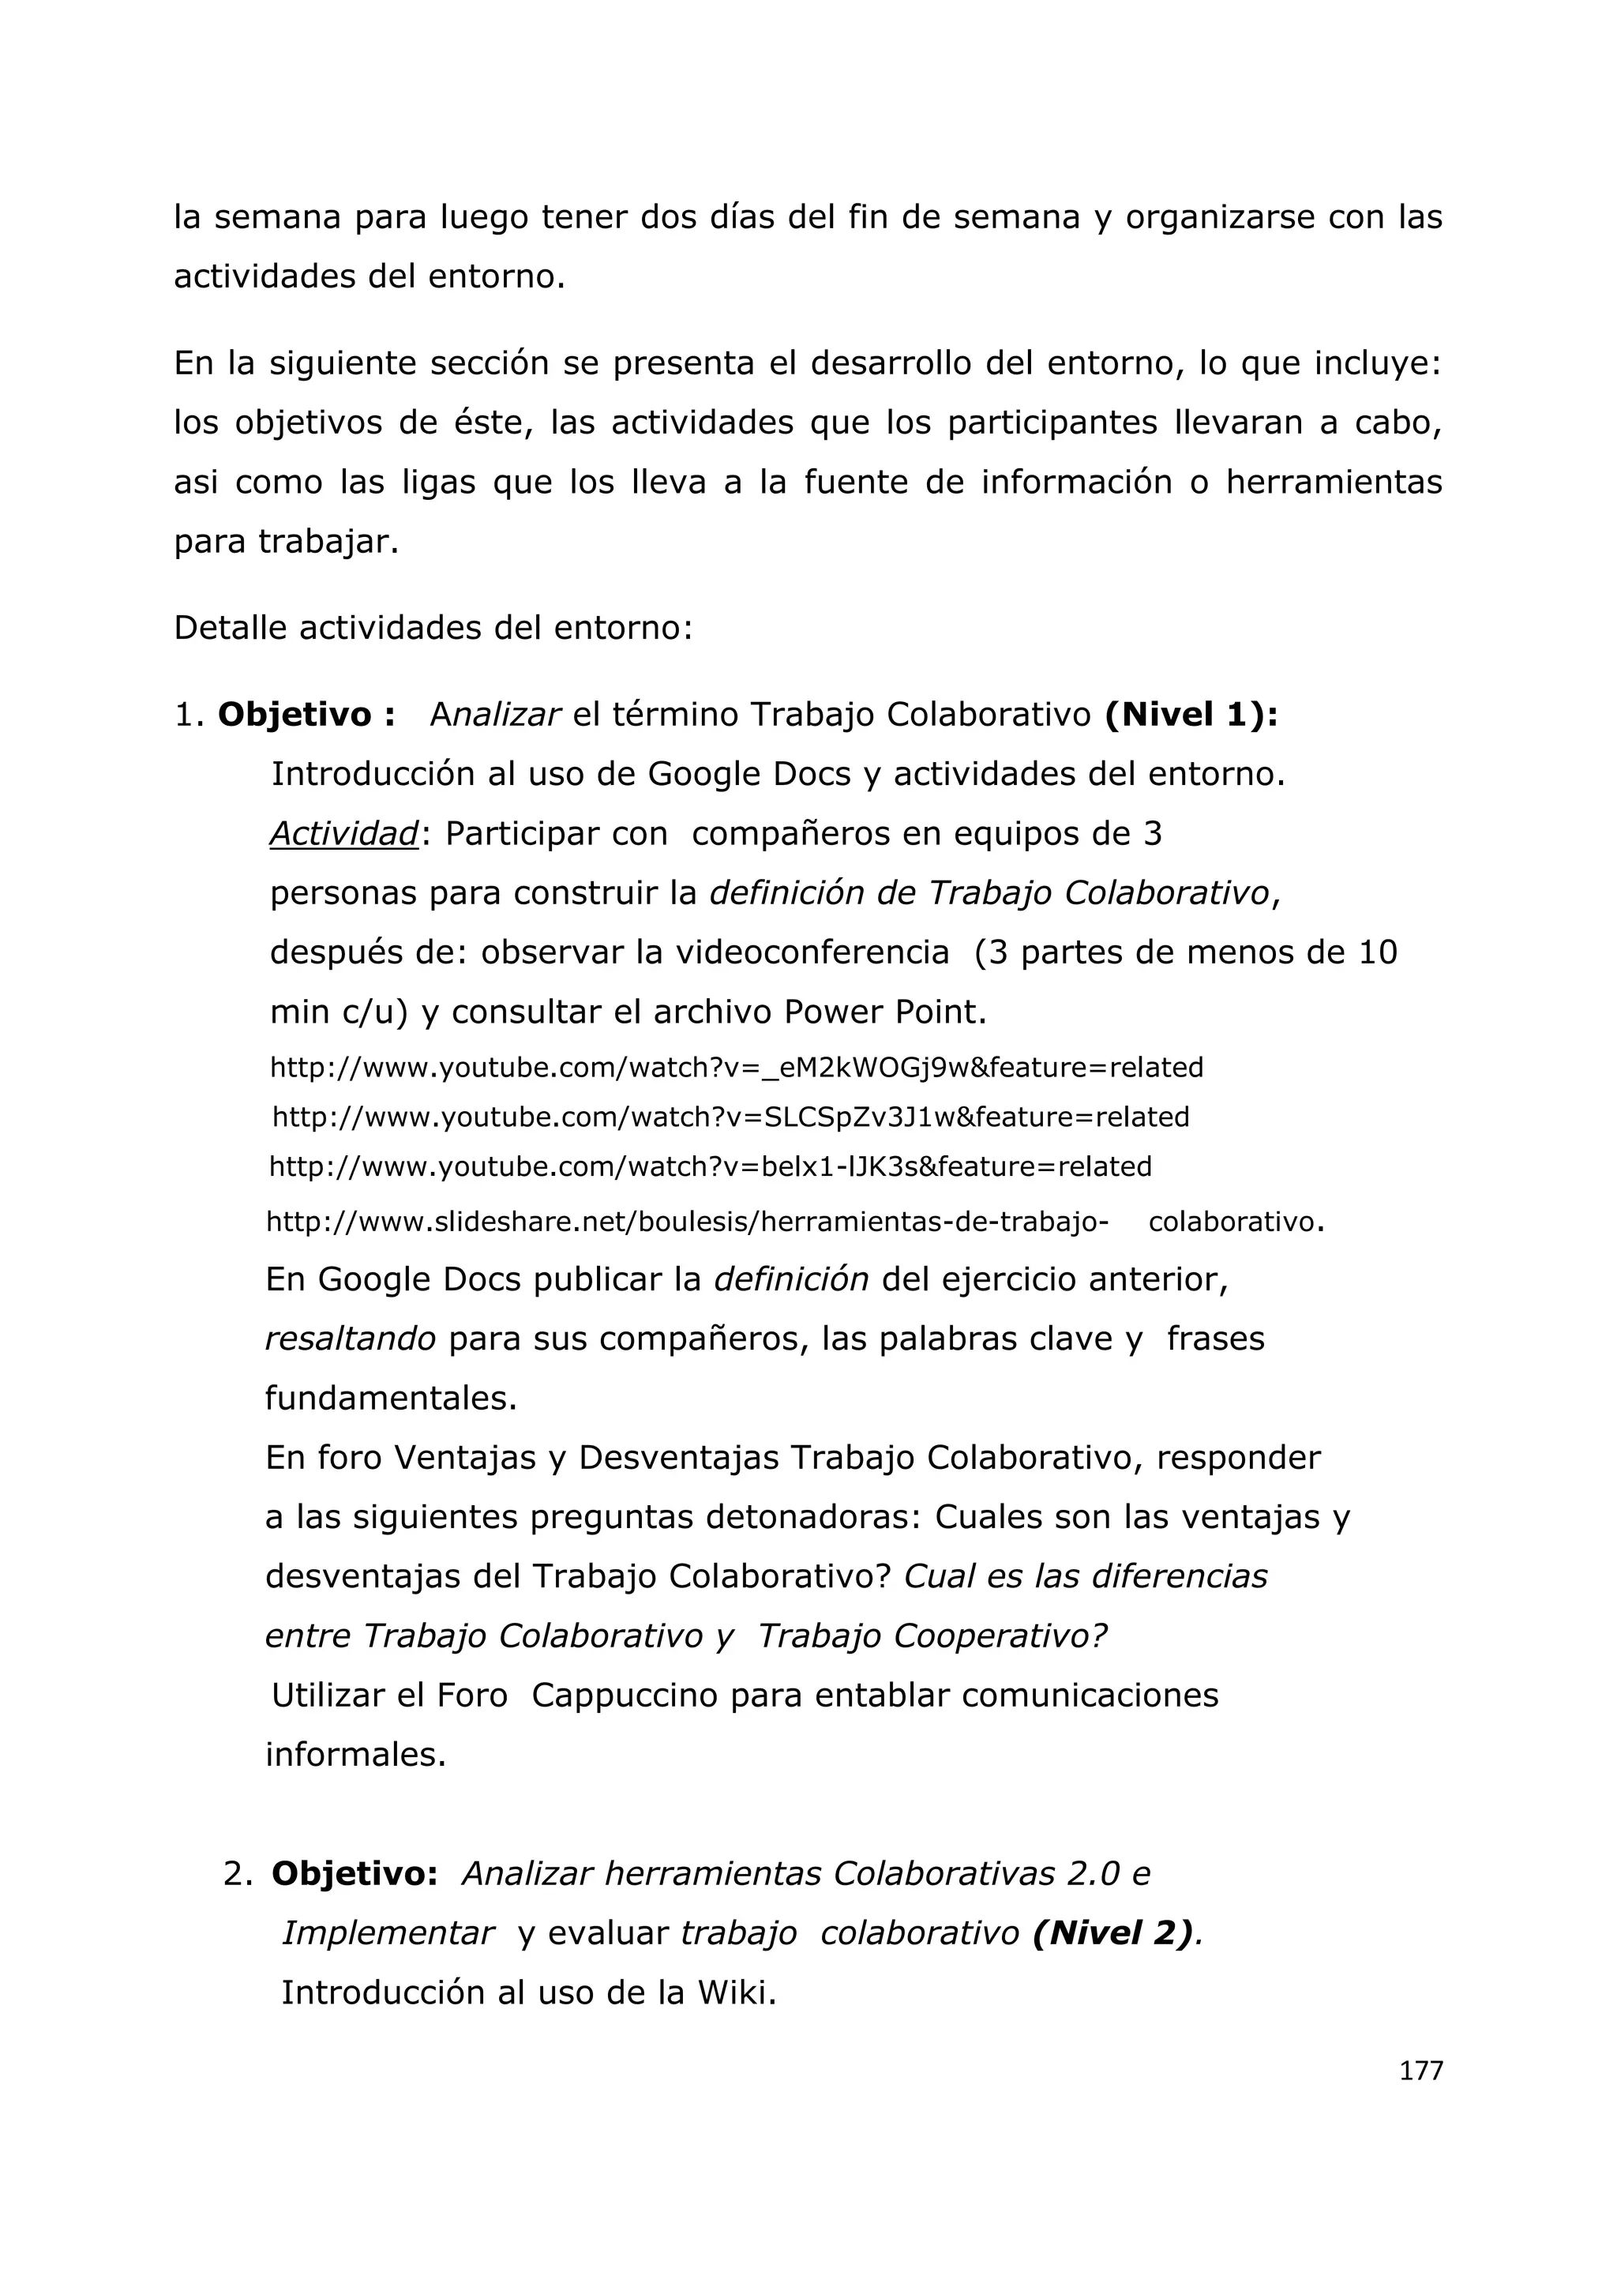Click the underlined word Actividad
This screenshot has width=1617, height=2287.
pos(343,834)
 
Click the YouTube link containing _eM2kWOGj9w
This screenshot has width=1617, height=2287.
pos(736,1068)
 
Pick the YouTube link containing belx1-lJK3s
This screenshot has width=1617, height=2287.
pos(710,1166)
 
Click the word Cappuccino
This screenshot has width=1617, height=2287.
pos(625,1696)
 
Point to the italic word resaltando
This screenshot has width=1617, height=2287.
pos(350,1339)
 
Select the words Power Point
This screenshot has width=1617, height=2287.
pos(884,1013)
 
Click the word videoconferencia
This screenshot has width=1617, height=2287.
pos(812,953)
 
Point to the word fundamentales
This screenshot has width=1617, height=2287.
pos(390,1399)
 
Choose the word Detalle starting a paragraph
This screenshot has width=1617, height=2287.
pos(230,629)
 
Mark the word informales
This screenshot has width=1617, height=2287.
pos(355,1754)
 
